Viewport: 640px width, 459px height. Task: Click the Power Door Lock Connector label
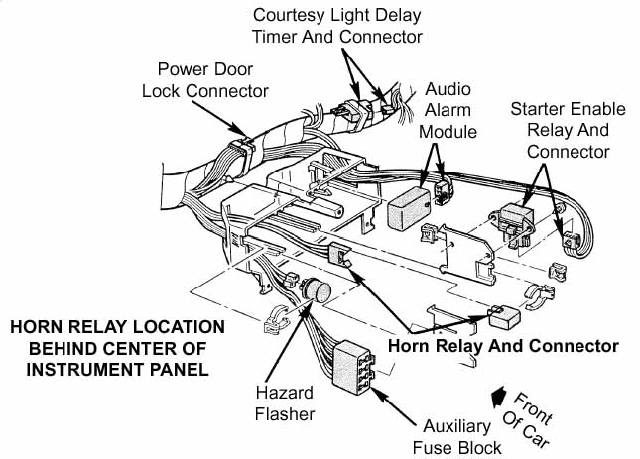point(212,79)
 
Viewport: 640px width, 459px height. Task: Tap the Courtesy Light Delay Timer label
point(336,26)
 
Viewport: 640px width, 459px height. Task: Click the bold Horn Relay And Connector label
point(503,346)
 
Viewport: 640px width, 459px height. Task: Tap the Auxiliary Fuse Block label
point(456,436)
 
